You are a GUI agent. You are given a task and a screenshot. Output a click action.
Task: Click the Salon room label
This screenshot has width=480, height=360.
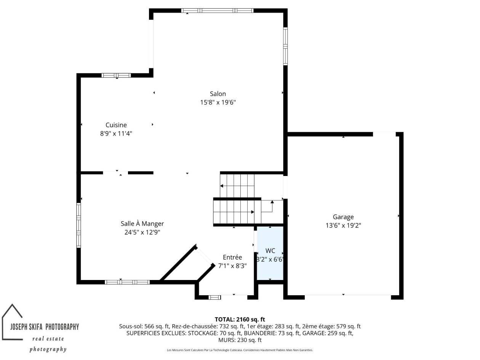click(x=218, y=94)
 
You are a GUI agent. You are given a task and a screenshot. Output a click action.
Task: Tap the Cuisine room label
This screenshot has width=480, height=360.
click(x=116, y=125)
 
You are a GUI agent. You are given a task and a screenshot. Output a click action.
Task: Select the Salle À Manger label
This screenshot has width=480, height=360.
click(x=142, y=224)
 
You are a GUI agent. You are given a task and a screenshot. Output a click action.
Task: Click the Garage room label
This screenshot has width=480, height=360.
click(x=343, y=217)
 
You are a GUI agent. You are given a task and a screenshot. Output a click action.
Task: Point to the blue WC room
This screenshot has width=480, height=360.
click(x=270, y=253)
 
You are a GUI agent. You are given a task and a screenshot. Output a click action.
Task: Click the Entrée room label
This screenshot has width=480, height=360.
click(x=232, y=257)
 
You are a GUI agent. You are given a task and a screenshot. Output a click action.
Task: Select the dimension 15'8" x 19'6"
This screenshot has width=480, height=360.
click(x=218, y=102)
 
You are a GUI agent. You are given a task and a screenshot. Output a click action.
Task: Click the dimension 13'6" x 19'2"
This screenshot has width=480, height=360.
click(x=343, y=226)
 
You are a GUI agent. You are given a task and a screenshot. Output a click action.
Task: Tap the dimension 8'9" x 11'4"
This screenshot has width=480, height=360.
click(x=116, y=133)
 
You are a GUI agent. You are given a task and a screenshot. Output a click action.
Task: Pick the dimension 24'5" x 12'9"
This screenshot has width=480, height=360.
click(x=142, y=232)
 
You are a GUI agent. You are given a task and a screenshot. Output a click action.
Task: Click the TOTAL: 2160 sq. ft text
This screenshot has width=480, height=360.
click(x=240, y=319)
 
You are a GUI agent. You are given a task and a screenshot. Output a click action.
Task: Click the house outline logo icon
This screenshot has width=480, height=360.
click(x=12, y=322)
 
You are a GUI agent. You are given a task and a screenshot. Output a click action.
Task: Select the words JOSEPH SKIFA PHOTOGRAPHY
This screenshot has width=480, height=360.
click(x=45, y=327)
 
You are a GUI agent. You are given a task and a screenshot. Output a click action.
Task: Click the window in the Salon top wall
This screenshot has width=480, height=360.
click(x=218, y=11)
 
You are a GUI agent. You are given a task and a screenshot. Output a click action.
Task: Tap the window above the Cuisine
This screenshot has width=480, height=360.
click(x=116, y=75)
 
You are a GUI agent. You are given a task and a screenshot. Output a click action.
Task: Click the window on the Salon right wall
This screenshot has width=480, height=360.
click(x=285, y=46)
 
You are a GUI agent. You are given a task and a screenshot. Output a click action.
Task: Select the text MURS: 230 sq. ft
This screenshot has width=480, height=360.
click(x=240, y=340)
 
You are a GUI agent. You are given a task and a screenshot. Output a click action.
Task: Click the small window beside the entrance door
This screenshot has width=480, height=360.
click(x=214, y=297)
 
